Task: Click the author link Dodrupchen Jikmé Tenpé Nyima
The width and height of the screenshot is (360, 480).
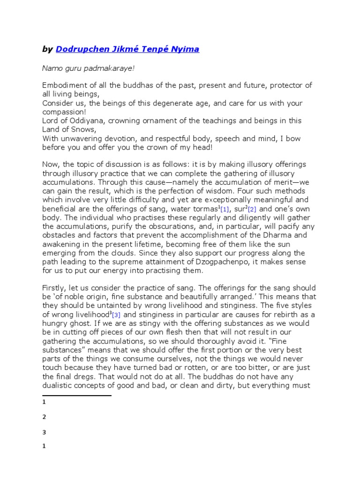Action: point(127,49)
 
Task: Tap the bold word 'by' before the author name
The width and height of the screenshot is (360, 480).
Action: point(47,49)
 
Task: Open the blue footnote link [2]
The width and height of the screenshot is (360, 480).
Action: point(253,209)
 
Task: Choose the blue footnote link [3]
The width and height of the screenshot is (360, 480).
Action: point(116,315)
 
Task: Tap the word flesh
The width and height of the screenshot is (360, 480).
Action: point(164,340)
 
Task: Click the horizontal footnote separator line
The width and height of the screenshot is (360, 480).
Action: point(76,396)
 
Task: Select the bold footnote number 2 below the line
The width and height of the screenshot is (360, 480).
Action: point(44,417)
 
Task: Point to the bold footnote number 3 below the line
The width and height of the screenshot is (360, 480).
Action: point(44,432)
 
